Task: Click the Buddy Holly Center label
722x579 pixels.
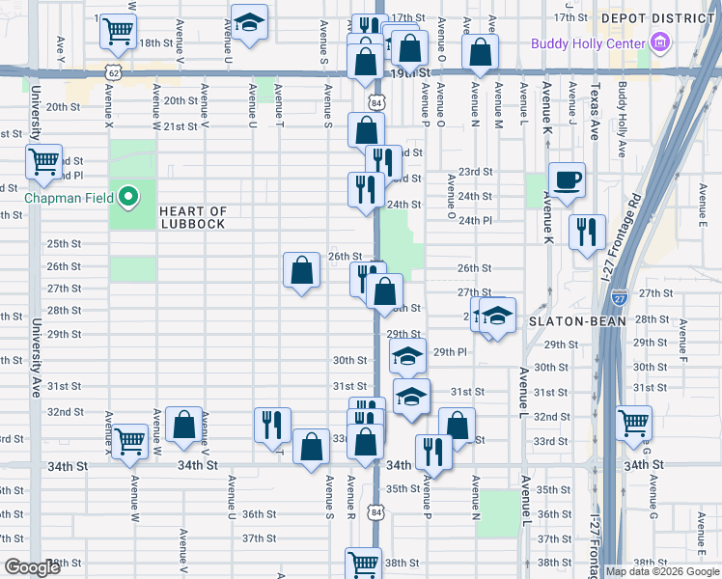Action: pos(589,43)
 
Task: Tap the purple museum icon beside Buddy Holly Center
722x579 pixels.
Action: pos(660,42)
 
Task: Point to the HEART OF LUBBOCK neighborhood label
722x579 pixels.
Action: pos(193,217)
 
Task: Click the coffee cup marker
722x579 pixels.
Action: pos(567,179)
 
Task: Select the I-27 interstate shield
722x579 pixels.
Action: pos(620,297)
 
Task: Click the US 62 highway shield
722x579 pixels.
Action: pos(115,72)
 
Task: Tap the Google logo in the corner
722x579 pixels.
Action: pos(32,567)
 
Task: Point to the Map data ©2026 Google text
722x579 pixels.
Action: pos(661,571)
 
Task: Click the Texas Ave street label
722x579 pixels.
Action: pos(596,112)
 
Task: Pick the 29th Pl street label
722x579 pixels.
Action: pos(450,352)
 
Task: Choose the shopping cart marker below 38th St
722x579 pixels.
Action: pos(364,563)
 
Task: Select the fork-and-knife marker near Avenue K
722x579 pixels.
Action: pos(587,232)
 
